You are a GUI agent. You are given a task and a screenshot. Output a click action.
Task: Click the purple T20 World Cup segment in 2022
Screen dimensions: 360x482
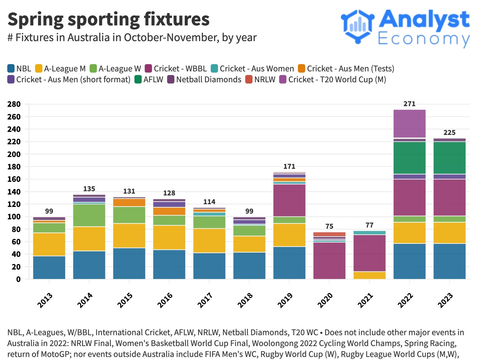point(409,124)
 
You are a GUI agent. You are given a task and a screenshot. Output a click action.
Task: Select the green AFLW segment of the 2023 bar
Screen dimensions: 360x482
point(449,158)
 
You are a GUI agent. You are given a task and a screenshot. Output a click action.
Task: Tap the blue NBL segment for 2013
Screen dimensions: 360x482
point(49,267)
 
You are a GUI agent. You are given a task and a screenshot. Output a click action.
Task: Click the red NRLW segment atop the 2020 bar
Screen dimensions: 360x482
point(329,234)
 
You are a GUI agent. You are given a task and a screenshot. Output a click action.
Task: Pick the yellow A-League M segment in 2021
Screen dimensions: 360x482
point(369,275)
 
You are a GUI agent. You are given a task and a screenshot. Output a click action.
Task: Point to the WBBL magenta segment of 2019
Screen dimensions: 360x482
point(289,200)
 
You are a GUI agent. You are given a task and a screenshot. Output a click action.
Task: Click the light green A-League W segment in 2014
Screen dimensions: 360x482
point(89,215)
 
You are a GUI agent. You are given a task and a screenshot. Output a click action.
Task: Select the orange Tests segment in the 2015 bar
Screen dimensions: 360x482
point(129,202)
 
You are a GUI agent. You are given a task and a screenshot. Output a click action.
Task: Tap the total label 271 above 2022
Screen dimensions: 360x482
point(409,104)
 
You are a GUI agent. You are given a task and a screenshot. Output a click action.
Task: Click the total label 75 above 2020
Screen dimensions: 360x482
point(329,226)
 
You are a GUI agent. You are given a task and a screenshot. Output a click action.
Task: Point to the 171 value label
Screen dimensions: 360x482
point(289,166)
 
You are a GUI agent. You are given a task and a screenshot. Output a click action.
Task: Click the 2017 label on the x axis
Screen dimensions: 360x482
point(205,300)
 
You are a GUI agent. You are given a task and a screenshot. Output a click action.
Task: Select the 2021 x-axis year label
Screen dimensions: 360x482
point(365,300)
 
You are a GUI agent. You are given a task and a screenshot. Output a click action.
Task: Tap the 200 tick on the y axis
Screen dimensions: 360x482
point(14,154)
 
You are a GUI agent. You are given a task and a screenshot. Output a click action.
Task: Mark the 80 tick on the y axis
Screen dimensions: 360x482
point(16,229)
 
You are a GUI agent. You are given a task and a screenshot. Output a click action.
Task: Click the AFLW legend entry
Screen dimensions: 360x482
point(149,80)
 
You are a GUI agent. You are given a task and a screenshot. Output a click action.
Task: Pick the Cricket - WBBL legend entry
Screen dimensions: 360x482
point(176,69)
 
